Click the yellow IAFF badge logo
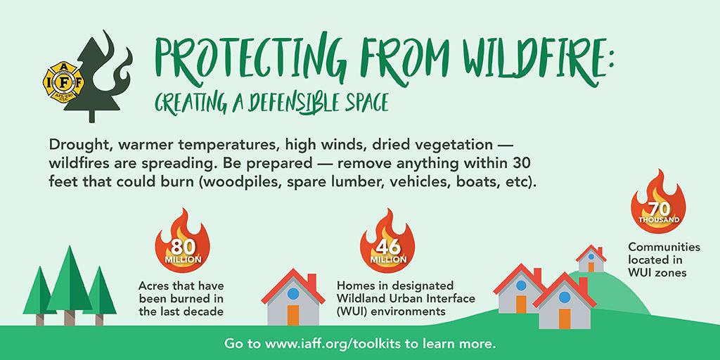click(63, 82)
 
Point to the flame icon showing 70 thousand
click(658, 200)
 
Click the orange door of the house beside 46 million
click(293, 315)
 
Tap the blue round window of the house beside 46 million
click(293, 294)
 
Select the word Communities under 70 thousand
click(664, 247)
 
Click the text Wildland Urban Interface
click(406, 298)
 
